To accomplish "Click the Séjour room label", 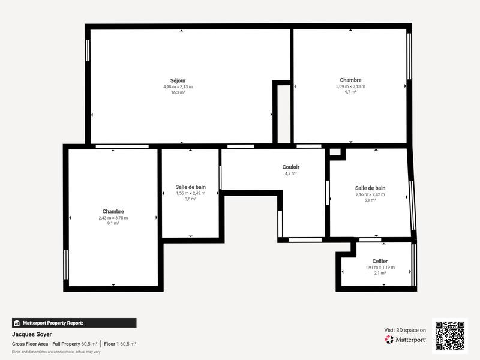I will [x=178, y=80].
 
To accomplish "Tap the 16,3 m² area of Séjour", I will [x=178, y=92].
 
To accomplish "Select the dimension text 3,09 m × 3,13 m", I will [x=350, y=86].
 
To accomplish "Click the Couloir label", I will [x=291, y=167].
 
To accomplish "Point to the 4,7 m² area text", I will [x=291, y=173].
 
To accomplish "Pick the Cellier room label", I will [x=380, y=261].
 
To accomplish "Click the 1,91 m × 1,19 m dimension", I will [x=380, y=267].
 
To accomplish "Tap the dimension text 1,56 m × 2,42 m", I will [x=190, y=193].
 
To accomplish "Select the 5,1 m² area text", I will [x=370, y=200].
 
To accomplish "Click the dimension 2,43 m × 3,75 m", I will [x=113, y=218].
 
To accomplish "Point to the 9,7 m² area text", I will [x=350, y=92].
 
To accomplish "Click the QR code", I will [x=449, y=335].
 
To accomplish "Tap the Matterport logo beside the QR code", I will [x=406, y=340].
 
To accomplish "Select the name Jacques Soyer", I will [x=32, y=334].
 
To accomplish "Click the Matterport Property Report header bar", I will [x=74, y=322].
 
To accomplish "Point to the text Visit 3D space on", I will [x=405, y=330].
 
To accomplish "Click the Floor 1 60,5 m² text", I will [x=120, y=344].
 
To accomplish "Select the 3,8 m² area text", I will [x=190, y=199].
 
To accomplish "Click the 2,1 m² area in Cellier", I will [x=380, y=273].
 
